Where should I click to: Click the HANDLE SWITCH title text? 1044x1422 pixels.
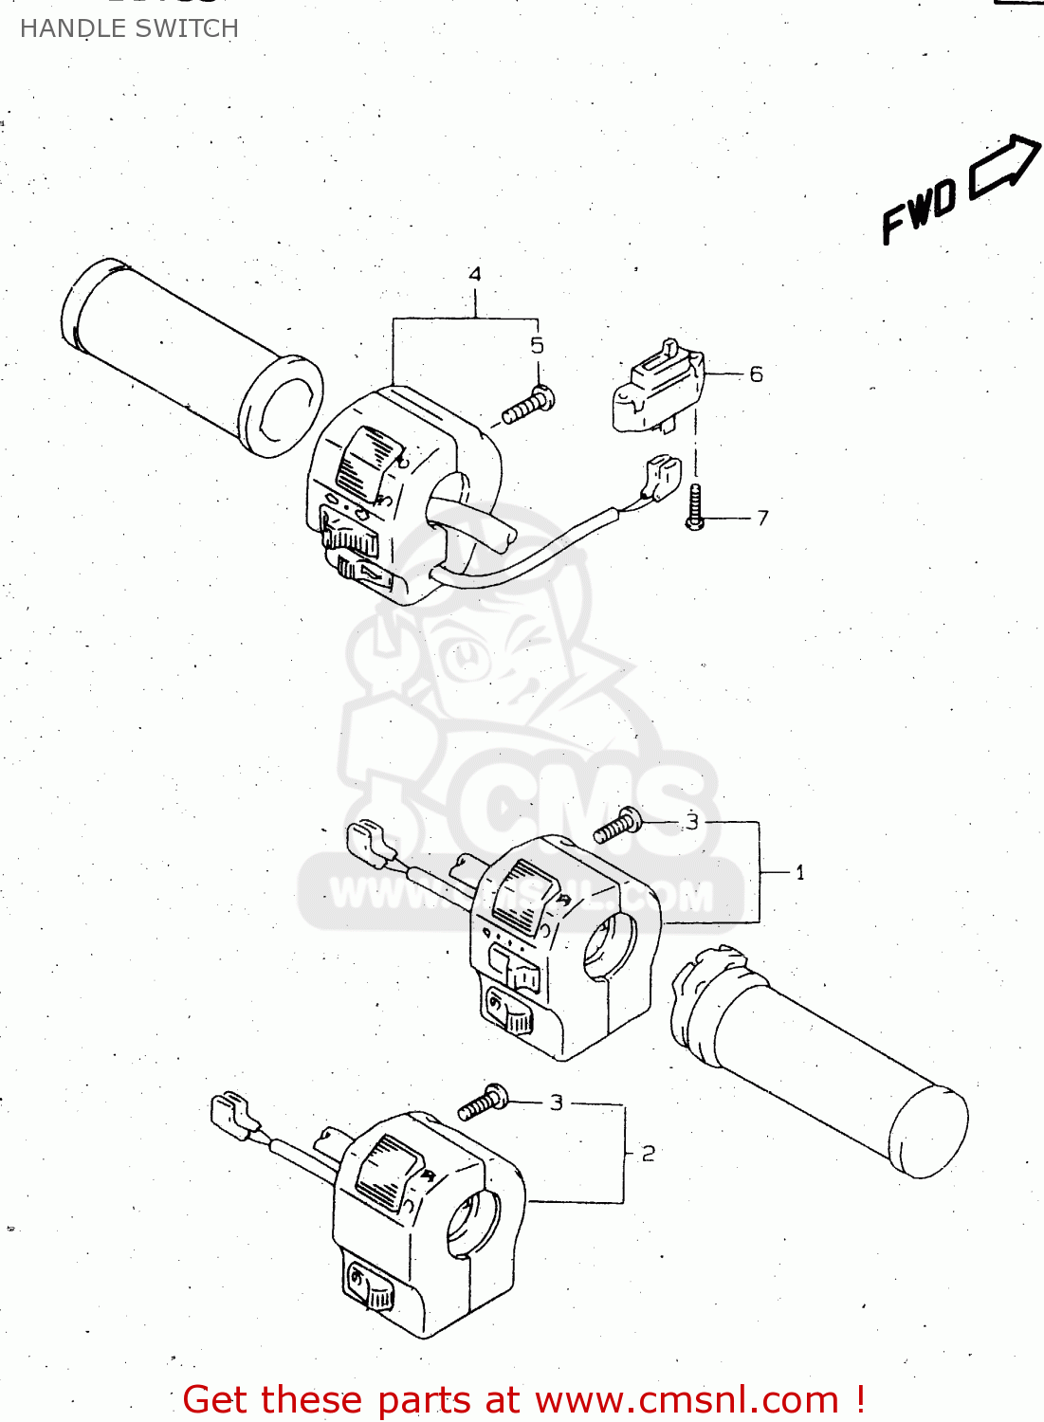point(129,28)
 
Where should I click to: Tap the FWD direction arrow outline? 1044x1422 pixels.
point(1003,168)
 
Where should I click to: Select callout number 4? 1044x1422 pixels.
point(475,274)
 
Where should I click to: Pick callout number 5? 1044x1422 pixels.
point(538,345)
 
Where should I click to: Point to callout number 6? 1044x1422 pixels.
point(756,374)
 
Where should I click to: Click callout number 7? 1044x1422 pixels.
point(762,518)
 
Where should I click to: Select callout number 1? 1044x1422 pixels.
point(799,872)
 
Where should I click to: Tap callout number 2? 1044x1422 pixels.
point(649,1154)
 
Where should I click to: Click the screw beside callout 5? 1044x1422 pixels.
point(528,406)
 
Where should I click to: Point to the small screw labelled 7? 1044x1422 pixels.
point(695,506)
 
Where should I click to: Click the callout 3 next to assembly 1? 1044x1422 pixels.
point(692,822)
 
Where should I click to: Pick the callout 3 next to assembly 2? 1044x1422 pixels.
point(557,1103)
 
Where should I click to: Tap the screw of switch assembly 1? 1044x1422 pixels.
point(617,824)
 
